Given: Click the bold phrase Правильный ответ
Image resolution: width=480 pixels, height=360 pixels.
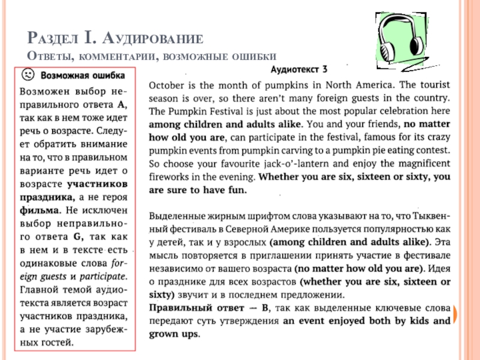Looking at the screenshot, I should tap(186, 308).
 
